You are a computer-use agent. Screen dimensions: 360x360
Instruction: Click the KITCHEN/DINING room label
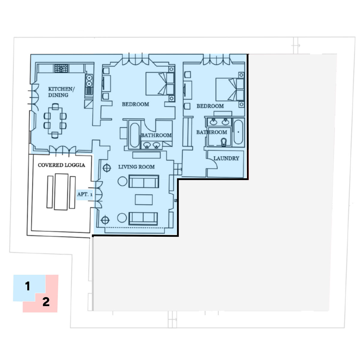[x=61, y=92]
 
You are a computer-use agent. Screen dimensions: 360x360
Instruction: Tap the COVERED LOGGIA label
[x=61, y=165]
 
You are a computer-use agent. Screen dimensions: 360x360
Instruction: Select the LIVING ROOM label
[x=136, y=167]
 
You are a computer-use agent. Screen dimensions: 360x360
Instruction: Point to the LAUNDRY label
[x=226, y=158]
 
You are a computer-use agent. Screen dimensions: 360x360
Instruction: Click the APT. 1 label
[x=85, y=194]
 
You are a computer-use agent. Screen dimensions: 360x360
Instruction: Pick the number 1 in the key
[x=28, y=286]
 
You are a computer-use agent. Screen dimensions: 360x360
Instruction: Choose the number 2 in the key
[x=46, y=302]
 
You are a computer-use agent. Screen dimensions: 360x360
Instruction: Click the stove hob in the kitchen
[x=61, y=68]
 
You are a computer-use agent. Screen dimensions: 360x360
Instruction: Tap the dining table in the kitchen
[x=55, y=121]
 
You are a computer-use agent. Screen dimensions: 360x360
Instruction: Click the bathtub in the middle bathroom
[x=135, y=135]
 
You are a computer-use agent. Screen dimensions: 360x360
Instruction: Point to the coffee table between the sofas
[x=144, y=199]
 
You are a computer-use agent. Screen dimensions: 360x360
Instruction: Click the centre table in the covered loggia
[x=61, y=192]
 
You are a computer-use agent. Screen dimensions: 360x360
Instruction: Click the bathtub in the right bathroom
[x=238, y=132]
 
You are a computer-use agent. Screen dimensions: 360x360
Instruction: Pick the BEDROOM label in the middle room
[x=136, y=104]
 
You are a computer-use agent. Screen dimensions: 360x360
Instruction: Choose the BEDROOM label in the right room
[x=210, y=106]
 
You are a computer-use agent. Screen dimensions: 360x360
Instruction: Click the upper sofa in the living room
[x=144, y=181]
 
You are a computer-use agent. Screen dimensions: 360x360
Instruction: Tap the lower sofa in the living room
[x=143, y=219]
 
